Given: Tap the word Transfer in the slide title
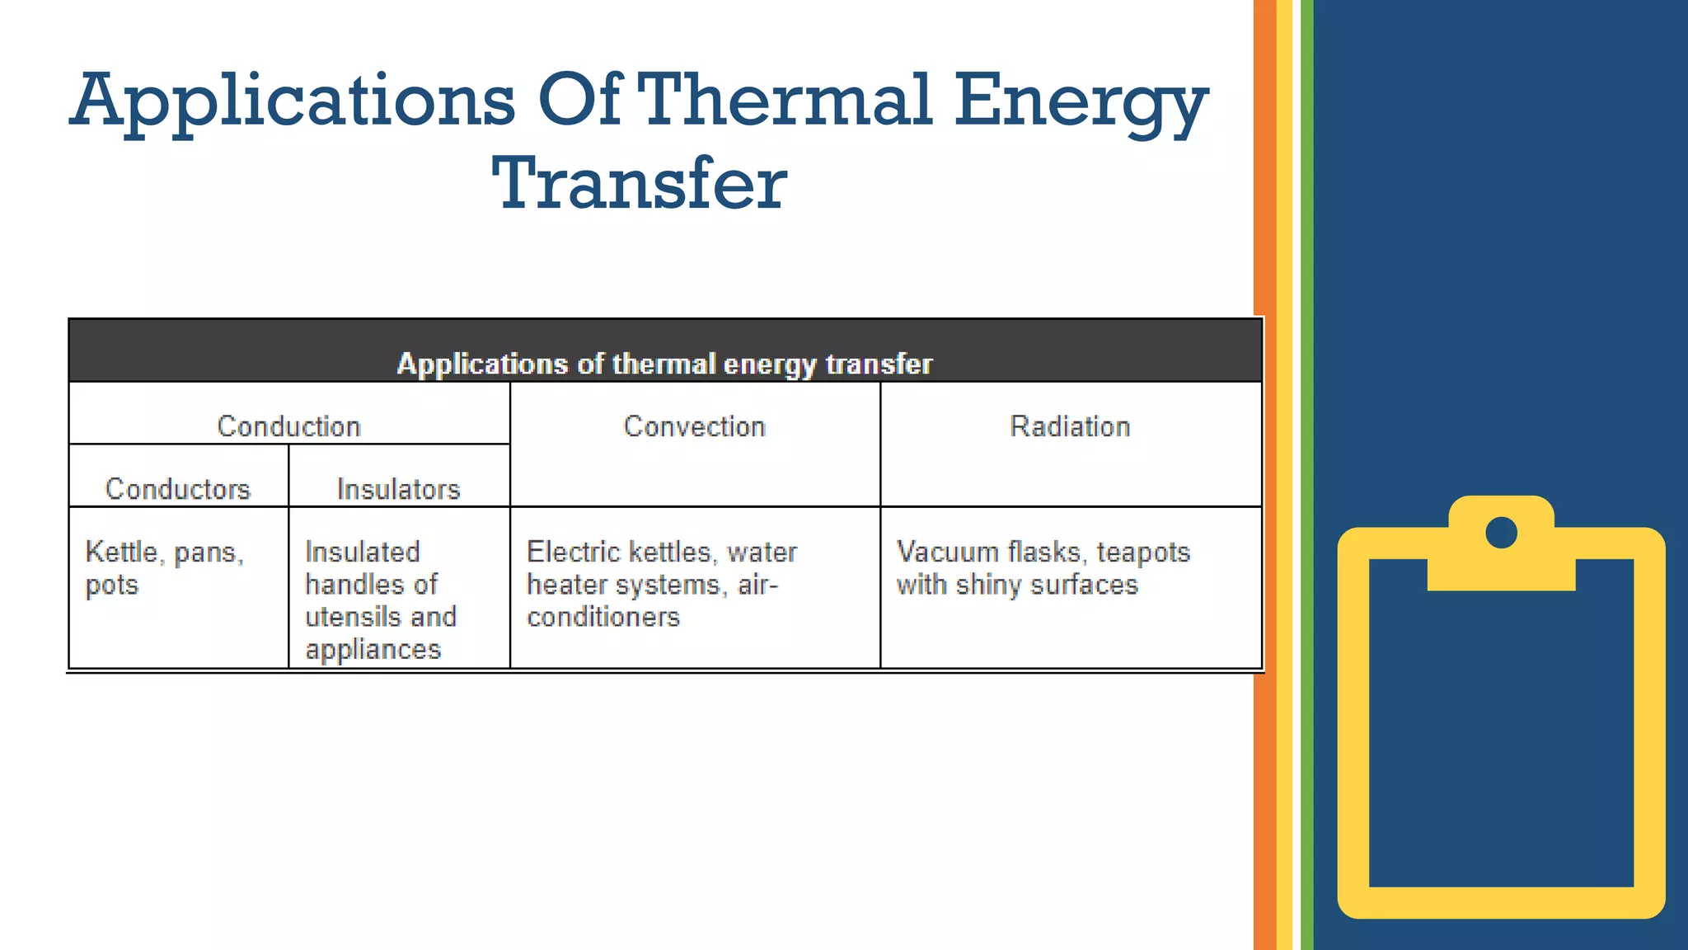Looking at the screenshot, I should click(x=640, y=183).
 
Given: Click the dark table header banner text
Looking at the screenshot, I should click(x=664, y=364).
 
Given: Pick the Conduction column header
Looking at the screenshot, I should click(x=288, y=426).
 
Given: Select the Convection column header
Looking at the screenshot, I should click(x=694, y=426).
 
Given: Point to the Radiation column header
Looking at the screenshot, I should click(x=1070, y=426).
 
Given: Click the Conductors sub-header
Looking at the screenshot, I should click(x=178, y=489).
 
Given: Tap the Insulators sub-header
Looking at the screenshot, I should click(x=399, y=489).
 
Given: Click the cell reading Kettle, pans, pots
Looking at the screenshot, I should click(x=165, y=568).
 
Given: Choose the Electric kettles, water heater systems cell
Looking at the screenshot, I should click(x=662, y=584).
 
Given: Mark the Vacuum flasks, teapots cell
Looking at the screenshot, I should click(x=1043, y=568).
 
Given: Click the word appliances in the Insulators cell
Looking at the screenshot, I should click(x=373, y=650).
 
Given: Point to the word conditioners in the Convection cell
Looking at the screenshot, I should click(x=603, y=617).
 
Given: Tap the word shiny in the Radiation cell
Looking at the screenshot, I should click(x=989, y=585).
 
